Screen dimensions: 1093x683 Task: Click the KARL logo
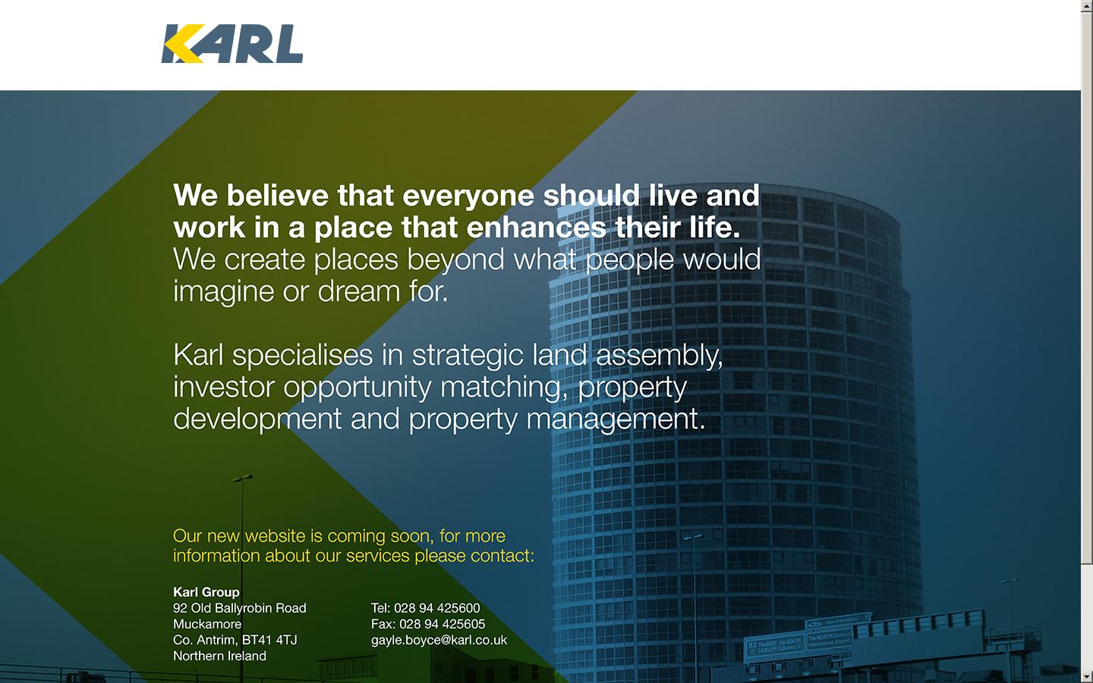click(232, 43)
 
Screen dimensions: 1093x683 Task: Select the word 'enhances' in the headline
click(536, 228)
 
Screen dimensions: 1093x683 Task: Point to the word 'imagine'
click(223, 292)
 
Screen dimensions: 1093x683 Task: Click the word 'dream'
click(358, 291)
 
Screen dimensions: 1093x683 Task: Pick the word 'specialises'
click(303, 356)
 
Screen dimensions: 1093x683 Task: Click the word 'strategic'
click(468, 356)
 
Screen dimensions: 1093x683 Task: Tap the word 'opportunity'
click(358, 389)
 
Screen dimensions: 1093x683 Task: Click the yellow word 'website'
click(276, 536)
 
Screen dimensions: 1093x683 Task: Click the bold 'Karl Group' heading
click(206, 592)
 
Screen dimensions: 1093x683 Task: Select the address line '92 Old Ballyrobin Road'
click(240, 609)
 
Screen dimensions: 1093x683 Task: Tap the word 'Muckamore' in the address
click(207, 625)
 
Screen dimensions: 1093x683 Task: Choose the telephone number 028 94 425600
click(436, 609)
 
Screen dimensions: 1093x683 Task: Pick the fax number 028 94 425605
click(442, 625)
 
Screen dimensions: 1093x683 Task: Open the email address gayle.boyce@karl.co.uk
click(439, 641)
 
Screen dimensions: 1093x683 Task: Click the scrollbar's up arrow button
click(1087, 5)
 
